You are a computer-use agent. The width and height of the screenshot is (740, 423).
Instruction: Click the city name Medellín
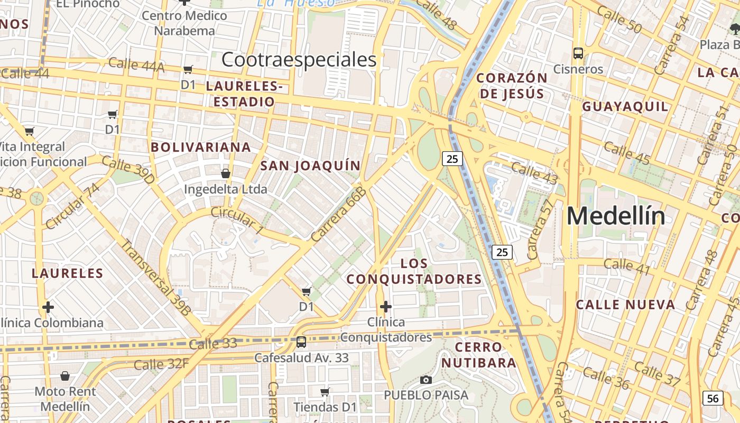(x=616, y=216)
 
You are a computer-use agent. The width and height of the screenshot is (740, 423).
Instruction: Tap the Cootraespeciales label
(x=299, y=59)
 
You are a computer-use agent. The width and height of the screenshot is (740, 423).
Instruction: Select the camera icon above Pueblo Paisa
(x=425, y=380)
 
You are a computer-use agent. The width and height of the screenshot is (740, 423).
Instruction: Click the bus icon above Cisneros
(x=578, y=53)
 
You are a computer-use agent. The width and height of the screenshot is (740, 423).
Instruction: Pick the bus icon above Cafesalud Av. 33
(x=301, y=342)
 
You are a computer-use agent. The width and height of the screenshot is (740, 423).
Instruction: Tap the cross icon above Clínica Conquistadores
(x=386, y=306)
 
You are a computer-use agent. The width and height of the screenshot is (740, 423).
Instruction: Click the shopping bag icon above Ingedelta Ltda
(x=226, y=173)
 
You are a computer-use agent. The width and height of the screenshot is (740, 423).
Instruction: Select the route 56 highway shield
(x=713, y=398)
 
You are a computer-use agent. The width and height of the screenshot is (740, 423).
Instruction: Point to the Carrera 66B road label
(x=339, y=214)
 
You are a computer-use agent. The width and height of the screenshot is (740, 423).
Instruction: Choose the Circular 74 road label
(x=72, y=206)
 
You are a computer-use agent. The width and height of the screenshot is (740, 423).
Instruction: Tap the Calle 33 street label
(x=212, y=344)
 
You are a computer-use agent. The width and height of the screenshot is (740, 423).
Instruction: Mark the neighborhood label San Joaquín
(x=310, y=165)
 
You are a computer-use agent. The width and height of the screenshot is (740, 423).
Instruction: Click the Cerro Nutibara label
(x=478, y=355)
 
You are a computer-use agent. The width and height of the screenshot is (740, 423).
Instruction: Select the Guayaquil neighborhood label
(x=625, y=106)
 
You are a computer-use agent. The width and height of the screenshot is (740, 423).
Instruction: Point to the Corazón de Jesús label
(x=512, y=86)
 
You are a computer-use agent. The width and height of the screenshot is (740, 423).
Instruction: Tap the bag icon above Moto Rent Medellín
(x=65, y=376)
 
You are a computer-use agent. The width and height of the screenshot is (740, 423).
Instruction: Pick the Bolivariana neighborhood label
(x=201, y=147)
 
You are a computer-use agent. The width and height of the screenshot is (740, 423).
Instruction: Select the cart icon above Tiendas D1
(x=325, y=392)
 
